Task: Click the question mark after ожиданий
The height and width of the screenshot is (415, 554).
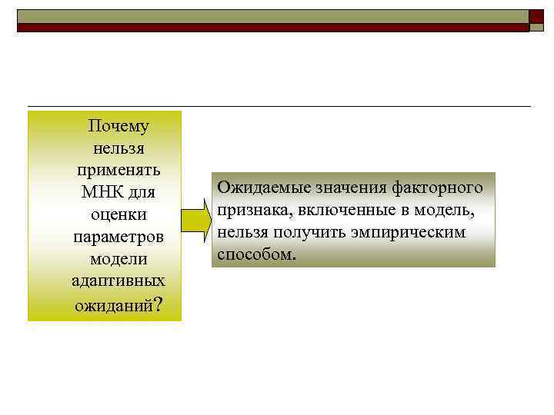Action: [x=158, y=304]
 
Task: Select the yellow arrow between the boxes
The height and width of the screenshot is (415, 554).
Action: [x=196, y=221]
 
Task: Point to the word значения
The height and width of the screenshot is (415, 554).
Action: [x=349, y=188]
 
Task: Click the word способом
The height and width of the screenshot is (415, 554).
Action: [x=255, y=254]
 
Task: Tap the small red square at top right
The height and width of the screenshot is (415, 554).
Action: [x=536, y=16]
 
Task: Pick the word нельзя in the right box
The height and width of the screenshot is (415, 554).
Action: [x=239, y=232]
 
